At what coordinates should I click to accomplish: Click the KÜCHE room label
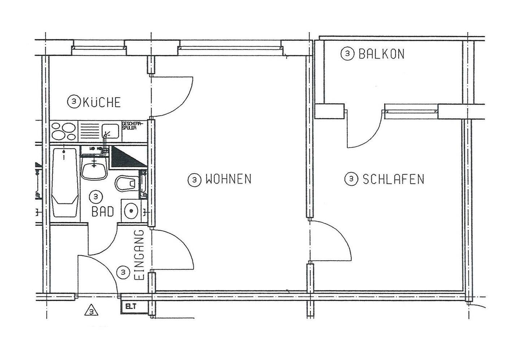tap(101, 102)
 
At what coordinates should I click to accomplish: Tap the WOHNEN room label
tap(228, 179)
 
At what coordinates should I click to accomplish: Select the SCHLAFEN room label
tap(393, 179)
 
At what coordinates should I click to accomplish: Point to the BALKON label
tap(381, 54)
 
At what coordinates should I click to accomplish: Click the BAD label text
tap(103, 211)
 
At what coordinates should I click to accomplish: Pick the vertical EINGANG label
tap(139, 255)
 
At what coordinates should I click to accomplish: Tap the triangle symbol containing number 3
tap(92, 311)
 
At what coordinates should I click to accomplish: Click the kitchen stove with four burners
tap(64, 131)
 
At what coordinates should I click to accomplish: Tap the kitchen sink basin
tap(110, 130)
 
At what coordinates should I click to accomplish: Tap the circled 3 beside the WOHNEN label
tap(195, 179)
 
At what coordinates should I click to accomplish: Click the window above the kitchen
tap(99, 48)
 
